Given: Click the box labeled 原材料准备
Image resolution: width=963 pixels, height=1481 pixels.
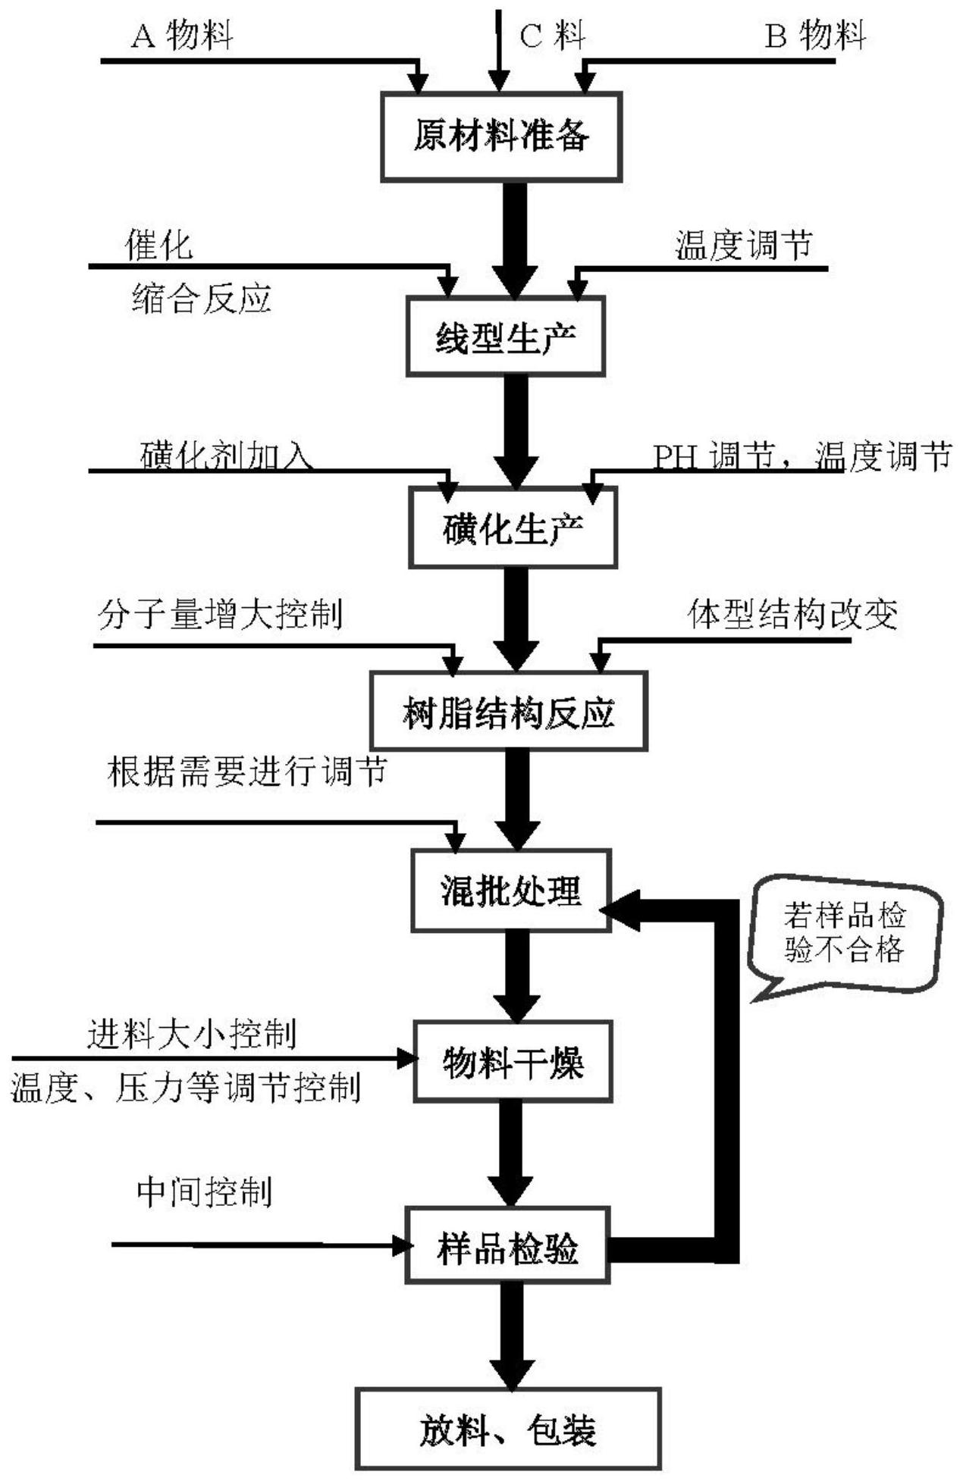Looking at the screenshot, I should [x=501, y=137].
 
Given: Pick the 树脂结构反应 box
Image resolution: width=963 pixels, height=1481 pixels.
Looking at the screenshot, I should [x=508, y=712].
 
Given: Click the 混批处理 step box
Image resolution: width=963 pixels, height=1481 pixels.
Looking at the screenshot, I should [x=511, y=891].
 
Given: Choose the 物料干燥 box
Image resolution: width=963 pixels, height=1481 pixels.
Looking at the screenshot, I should [x=513, y=1062].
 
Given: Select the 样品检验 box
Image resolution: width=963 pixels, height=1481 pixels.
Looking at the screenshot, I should [x=507, y=1247].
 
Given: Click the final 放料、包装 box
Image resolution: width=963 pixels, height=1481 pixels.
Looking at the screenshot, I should [x=508, y=1429].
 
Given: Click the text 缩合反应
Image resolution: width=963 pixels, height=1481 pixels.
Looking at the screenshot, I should [x=201, y=299].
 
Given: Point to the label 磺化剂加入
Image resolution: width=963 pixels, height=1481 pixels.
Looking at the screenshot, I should [x=227, y=456].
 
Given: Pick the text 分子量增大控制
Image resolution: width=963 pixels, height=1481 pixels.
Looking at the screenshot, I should [x=220, y=614].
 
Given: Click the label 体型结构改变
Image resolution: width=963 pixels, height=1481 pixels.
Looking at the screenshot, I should [x=792, y=614].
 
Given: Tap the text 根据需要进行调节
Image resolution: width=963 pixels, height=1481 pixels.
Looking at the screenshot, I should [x=247, y=772].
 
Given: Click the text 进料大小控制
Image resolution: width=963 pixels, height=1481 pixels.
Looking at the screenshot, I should [x=191, y=1034].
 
